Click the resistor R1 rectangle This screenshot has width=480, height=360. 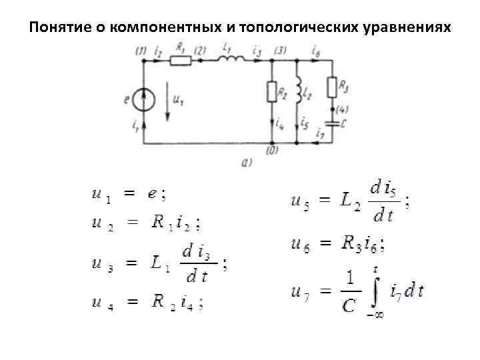(x=180, y=61)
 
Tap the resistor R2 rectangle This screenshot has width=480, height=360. (x=272, y=91)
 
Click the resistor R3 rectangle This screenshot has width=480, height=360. (x=331, y=87)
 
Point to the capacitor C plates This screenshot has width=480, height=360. (x=331, y=123)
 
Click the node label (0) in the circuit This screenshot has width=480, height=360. (x=272, y=151)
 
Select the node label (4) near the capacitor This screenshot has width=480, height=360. (x=342, y=109)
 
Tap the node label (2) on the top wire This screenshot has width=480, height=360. (x=201, y=51)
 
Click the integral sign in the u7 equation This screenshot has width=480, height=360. (x=375, y=291)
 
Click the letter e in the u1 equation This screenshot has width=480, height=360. (x=153, y=194)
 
